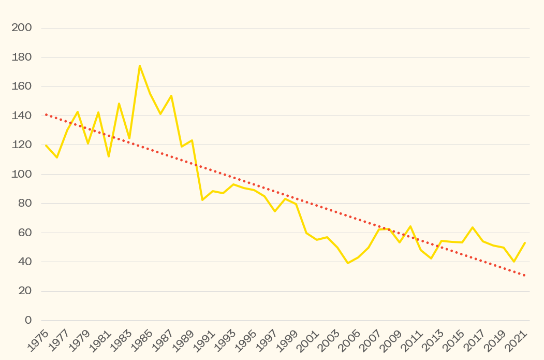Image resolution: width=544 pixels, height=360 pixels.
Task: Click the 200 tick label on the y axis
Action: (x=22, y=28)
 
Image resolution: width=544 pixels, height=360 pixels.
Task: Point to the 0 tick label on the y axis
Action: (x=28, y=320)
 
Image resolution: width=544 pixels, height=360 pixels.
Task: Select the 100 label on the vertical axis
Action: (x=22, y=174)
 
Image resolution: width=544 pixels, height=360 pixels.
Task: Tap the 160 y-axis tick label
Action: (x=22, y=87)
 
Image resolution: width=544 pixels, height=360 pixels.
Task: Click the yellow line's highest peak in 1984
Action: (x=140, y=66)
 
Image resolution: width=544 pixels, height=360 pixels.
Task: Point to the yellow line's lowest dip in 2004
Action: (x=348, y=263)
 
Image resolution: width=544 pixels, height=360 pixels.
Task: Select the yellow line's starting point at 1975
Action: (x=46, y=145)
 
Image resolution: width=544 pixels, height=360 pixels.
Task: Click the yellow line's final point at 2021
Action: (x=525, y=242)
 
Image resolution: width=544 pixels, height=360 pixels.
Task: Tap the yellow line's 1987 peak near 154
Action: (x=171, y=95)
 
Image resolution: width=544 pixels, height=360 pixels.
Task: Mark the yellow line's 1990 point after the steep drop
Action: (x=202, y=200)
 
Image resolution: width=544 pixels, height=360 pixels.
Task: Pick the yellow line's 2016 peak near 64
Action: (x=473, y=227)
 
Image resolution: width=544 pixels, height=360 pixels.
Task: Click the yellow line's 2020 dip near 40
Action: (x=514, y=262)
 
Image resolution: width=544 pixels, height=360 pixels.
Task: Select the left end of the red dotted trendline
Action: (x=46, y=114)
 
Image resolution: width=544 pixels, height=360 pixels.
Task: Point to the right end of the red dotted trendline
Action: (x=525, y=276)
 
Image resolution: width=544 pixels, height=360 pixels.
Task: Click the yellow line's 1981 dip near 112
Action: (x=109, y=156)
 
